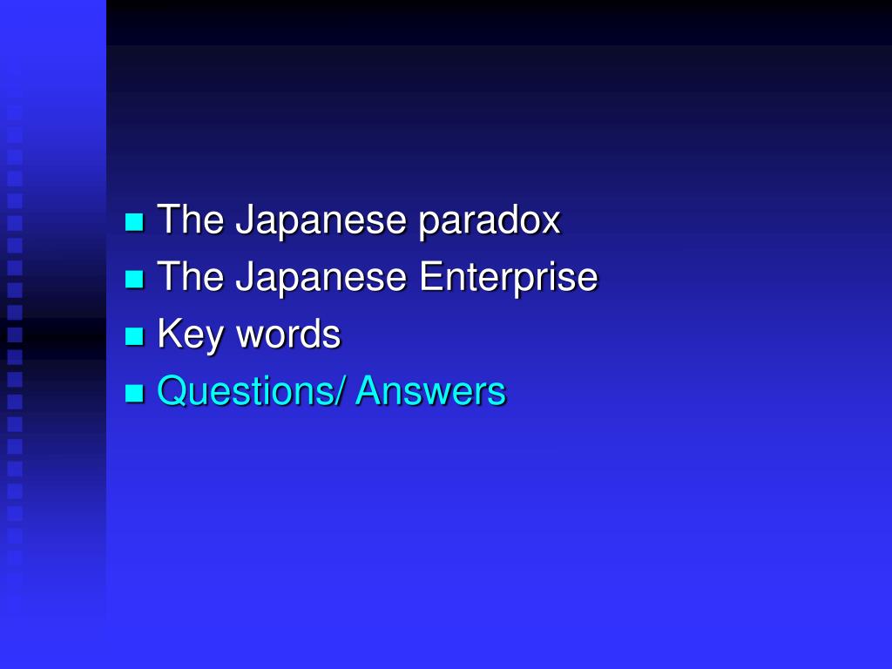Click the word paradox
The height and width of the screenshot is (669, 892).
(489, 220)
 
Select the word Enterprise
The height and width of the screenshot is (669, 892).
(509, 278)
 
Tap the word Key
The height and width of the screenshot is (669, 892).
(187, 334)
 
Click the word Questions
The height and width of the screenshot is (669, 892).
(244, 391)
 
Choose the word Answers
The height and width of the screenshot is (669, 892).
(430, 391)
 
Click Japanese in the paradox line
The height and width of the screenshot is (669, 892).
(321, 220)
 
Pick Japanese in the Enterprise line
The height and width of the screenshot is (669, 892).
(321, 278)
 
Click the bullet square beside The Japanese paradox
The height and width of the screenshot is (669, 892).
(134, 222)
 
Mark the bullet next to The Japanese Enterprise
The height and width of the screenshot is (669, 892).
(134, 280)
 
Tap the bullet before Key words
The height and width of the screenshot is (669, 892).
(134, 336)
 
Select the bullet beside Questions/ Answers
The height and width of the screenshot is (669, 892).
(134, 394)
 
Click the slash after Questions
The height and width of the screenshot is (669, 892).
(341, 391)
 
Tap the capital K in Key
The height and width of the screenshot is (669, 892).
(168, 334)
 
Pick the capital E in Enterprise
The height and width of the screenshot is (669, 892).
(430, 278)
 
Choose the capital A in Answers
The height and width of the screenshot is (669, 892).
(368, 391)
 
